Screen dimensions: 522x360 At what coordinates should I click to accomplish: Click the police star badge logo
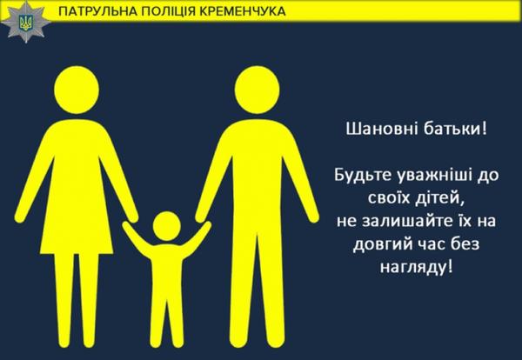(x=25, y=22)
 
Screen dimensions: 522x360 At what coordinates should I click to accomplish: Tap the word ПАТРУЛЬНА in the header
(x=97, y=11)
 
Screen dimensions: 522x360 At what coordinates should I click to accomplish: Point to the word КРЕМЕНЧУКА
(x=243, y=11)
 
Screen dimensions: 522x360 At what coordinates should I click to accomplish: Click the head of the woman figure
(x=77, y=90)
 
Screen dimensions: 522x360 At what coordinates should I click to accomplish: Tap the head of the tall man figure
(x=257, y=90)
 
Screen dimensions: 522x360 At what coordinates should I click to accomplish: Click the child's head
(x=167, y=226)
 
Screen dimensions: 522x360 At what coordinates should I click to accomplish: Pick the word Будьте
(x=363, y=175)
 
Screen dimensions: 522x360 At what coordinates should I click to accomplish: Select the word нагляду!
(x=417, y=266)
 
